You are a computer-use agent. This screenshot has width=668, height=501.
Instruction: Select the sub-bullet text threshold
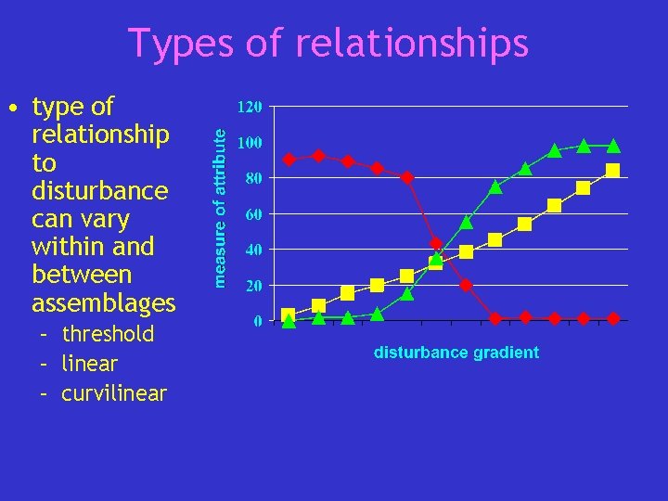pyautogui.click(x=108, y=334)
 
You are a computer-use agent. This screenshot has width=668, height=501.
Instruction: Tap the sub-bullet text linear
pyautogui.click(x=89, y=364)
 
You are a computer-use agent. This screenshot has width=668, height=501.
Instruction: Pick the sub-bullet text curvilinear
pyautogui.click(x=114, y=393)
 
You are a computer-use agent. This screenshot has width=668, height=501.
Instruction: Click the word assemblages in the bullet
pyautogui.click(x=103, y=303)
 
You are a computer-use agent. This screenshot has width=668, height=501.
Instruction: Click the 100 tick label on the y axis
pyautogui.click(x=250, y=143)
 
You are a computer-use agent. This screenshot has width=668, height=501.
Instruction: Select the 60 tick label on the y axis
pyautogui.click(x=253, y=214)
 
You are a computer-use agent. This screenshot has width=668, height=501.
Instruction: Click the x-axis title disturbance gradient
pyautogui.click(x=456, y=353)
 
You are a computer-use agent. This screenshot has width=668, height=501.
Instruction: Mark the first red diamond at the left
pyautogui.click(x=289, y=160)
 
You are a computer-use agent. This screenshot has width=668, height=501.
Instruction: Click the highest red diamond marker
pyautogui.click(x=318, y=156)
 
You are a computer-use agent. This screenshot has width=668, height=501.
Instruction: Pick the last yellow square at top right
pyautogui.click(x=613, y=171)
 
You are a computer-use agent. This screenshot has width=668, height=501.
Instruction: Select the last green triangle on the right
pyautogui.click(x=613, y=146)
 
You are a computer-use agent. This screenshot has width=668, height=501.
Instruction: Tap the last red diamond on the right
pyautogui.click(x=613, y=318)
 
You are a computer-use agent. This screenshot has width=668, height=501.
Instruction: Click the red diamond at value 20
pyautogui.click(x=466, y=285)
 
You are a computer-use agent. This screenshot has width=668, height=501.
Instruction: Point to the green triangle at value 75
pyautogui.click(x=495, y=186)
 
